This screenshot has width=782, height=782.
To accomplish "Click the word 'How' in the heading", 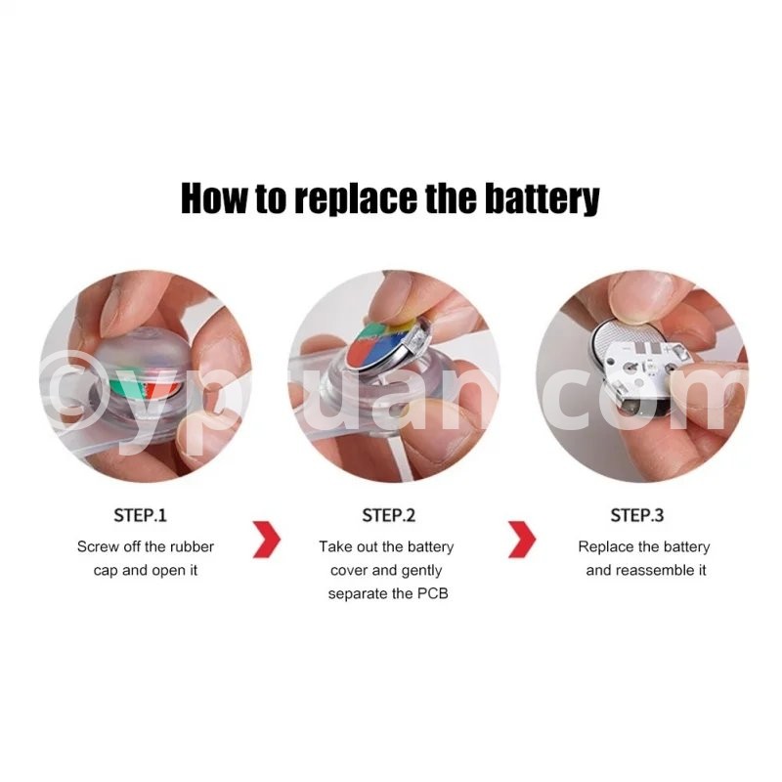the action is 213,198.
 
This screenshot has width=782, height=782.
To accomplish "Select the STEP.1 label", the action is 140,515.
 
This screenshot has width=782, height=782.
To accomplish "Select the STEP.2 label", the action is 388,515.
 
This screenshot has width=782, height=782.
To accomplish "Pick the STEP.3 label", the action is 637,515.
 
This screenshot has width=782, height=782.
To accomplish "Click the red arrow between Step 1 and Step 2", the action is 267,540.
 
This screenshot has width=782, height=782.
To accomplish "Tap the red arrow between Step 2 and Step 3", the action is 522,540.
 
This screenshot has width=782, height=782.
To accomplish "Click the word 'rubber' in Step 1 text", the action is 192,546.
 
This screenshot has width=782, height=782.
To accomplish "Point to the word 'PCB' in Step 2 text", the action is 433,593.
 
